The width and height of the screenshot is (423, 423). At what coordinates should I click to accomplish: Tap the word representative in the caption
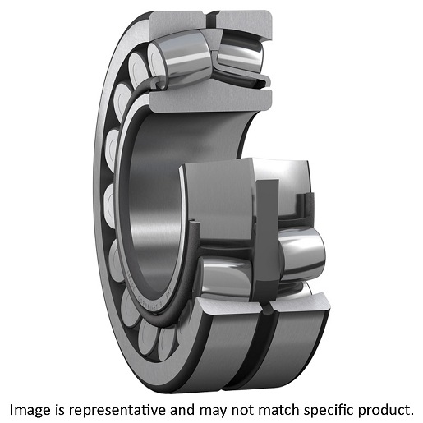tap(117, 410)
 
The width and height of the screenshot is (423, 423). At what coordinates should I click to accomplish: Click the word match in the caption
tap(279, 410)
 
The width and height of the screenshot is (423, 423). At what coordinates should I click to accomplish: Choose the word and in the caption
tap(182, 410)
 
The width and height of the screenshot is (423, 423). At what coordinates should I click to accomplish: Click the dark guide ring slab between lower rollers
tap(267, 241)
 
